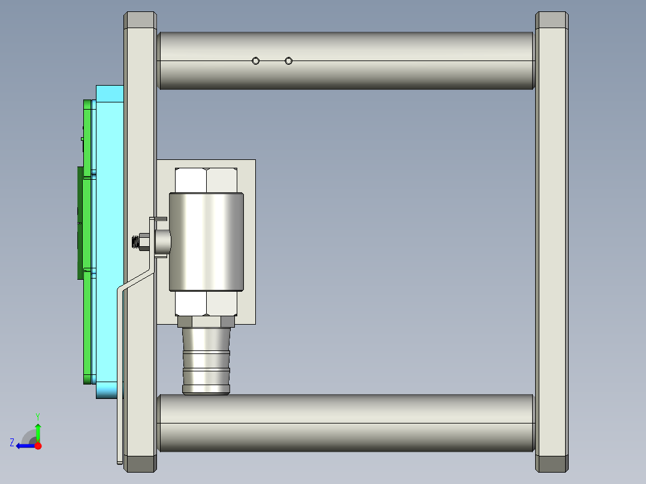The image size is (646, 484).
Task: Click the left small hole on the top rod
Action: tap(256, 60)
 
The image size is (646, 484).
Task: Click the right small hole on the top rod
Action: tap(289, 60)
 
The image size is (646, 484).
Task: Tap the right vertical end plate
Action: tap(552, 240)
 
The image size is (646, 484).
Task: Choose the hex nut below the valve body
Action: tap(207, 304)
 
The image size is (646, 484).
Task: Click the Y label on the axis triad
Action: tap(38, 416)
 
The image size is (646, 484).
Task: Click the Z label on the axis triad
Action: tap(12, 443)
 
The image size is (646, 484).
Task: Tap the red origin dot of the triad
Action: tap(38, 446)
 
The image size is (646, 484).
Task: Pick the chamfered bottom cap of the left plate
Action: tap(140, 464)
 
